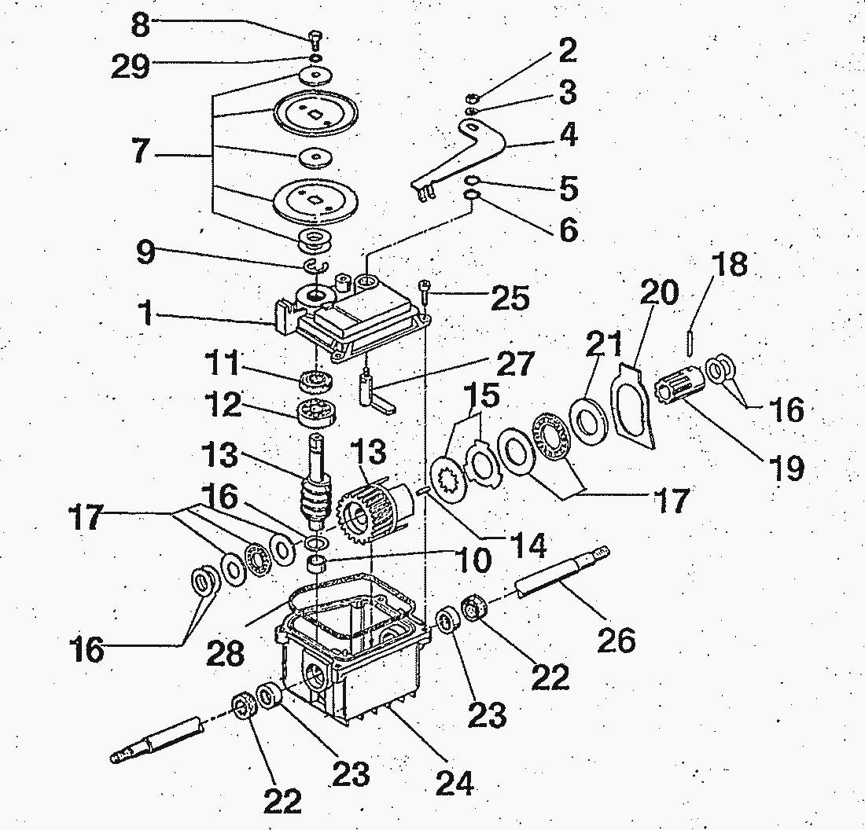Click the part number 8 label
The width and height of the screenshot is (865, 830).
click(x=140, y=25)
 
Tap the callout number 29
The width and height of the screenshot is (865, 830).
click(x=131, y=68)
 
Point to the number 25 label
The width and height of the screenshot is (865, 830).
click(x=510, y=299)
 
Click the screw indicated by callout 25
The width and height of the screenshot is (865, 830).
click(x=424, y=292)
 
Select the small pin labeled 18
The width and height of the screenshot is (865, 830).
click(x=690, y=343)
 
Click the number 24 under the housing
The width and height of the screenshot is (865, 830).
click(x=455, y=783)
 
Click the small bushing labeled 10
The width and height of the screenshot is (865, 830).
click(x=315, y=566)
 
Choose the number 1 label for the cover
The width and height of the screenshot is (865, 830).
click(x=145, y=313)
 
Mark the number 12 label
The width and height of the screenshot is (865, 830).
click(x=224, y=406)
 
